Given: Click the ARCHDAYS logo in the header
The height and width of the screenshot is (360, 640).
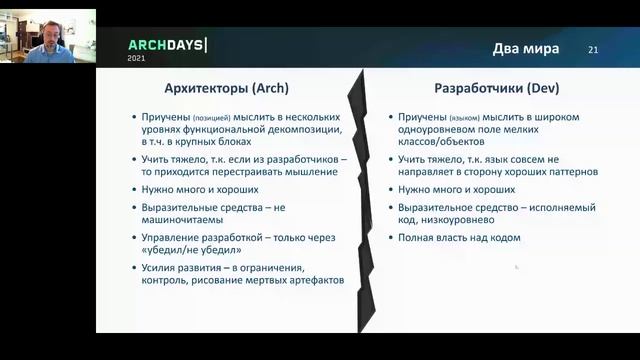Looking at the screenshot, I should pyautogui.click(x=167, y=45).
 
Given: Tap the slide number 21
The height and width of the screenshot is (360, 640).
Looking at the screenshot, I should pyautogui.click(x=593, y=50).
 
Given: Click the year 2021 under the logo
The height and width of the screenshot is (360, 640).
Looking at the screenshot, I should pyautogui.click(x=136, y=59).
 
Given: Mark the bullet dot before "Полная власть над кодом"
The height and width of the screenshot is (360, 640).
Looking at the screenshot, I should pyautogui.click(x=389, y=237).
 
